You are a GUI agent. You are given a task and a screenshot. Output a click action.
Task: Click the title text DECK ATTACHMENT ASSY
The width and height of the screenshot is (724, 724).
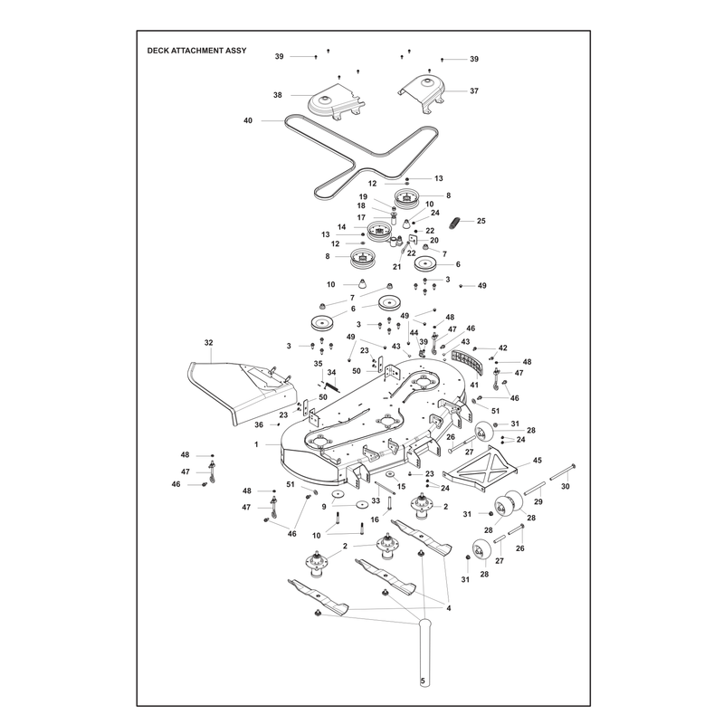(196, 51)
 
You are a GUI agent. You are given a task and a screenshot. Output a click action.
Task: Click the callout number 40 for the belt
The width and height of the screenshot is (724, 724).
(248, 120)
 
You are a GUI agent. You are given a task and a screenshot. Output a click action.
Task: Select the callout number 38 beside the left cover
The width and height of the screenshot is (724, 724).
(278, 95)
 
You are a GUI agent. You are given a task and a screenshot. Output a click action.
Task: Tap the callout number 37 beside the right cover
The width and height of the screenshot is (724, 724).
(474, 91)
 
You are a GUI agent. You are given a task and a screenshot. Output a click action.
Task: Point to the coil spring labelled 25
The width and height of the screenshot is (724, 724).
(454, 222)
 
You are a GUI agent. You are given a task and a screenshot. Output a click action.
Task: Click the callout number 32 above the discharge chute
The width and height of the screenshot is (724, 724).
(209, 343)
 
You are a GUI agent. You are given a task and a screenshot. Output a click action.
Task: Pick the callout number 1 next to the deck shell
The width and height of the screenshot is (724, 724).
(256, 444)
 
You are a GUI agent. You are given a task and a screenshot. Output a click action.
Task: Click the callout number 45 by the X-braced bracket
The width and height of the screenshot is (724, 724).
(538, 461)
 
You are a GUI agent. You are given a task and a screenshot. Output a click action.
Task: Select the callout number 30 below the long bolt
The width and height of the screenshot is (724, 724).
(565, 486)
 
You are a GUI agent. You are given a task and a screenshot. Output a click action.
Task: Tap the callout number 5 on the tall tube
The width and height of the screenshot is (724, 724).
(423, 681)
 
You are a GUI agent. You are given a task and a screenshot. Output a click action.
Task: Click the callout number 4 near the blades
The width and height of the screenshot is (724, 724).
(448, 608)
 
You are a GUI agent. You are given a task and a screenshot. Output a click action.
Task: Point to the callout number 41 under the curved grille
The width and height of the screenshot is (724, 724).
(474, 384)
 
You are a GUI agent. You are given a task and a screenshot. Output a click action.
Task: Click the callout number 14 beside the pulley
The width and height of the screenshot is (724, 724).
(342, 227)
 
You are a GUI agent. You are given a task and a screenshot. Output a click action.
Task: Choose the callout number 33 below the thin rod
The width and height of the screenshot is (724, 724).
(376, 500)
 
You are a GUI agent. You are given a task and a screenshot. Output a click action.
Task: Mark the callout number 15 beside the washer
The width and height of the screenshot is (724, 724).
(401, 486)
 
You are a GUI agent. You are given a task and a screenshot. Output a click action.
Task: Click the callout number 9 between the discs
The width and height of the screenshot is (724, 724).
(324, 507)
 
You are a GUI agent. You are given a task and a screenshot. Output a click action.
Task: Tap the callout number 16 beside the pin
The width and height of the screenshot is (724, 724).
(375, 519)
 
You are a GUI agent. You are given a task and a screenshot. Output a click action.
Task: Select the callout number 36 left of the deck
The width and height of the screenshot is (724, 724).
(259, 424)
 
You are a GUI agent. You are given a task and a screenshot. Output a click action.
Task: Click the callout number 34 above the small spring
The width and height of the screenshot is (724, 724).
(331, 372)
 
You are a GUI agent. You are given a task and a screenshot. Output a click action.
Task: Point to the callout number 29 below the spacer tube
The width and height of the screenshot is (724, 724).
(538, 501)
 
